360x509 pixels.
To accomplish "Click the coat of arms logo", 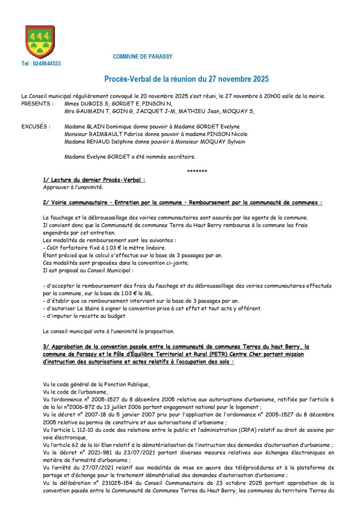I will coord(40,42).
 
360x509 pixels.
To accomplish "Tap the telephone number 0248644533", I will coord(41,64).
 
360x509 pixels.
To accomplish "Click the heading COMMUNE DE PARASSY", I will coord(143,57).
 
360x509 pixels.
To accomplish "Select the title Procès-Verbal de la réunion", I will coord(186,79).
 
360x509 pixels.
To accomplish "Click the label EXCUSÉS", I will coord(36,127).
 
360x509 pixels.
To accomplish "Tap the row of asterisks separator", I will coord(197,171).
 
